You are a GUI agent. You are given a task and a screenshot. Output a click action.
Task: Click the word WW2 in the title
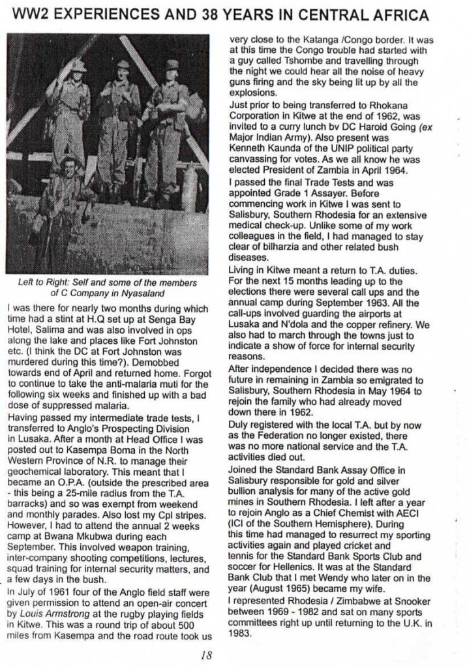[x=31, y=14]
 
